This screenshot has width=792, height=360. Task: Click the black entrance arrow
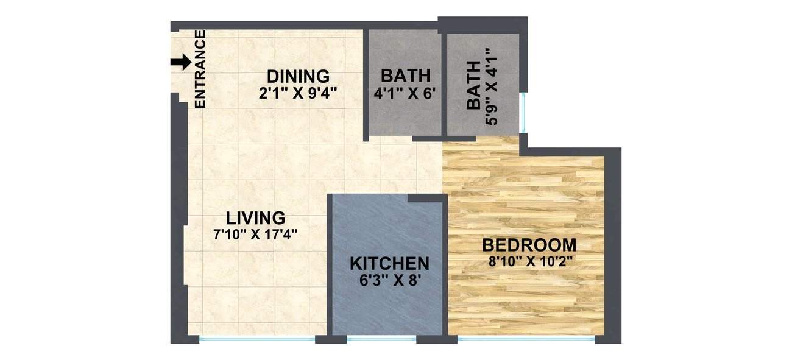coord(180,62)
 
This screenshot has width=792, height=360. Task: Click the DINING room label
coord(298,77)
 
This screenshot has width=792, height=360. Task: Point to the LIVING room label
coord(255,217)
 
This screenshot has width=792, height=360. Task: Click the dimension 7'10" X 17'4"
coord(255,233)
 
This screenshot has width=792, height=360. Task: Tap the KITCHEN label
coord(389,264)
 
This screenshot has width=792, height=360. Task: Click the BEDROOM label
coord(529,245)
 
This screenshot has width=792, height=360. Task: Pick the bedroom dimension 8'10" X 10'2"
coord(529,262)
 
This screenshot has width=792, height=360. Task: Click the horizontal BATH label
coord(405,76)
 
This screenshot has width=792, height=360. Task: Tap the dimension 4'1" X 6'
coord(405,94)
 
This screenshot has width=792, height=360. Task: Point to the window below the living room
coord(256,338)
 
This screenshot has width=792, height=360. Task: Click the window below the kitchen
coord(381,338)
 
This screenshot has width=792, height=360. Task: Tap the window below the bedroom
coord(525,338)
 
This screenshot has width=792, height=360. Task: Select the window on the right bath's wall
coord(522,112)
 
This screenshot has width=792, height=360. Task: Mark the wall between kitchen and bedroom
coord(445,268)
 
